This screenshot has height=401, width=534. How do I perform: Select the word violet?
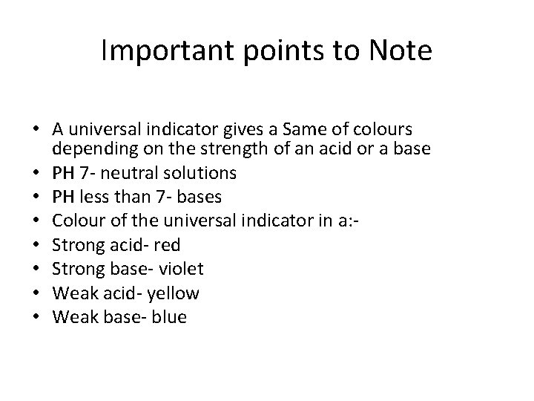pyautogui.click(x=183, y=269)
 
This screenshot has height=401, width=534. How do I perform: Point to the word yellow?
pyautogui.click(x=173, y=293)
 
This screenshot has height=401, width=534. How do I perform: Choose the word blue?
pyautogui.click(x=171, y=317)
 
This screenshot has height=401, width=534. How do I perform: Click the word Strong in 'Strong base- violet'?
pyautogui.click(x=76, y=269)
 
